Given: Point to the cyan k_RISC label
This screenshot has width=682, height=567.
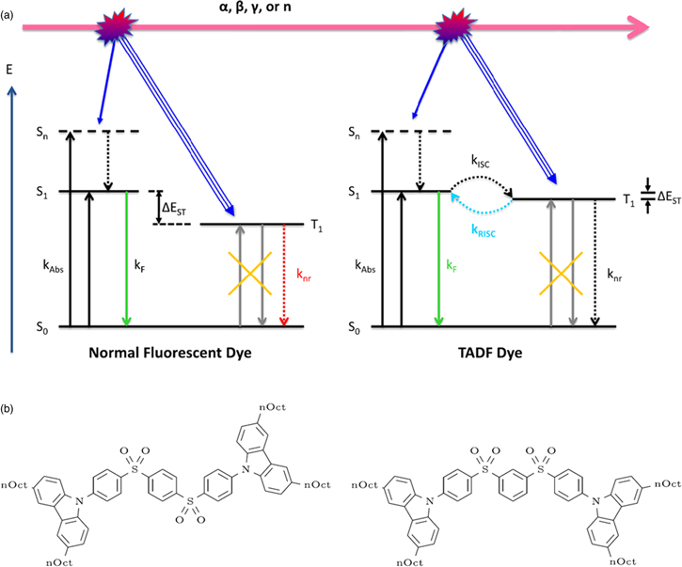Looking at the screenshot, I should (484, 228).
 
